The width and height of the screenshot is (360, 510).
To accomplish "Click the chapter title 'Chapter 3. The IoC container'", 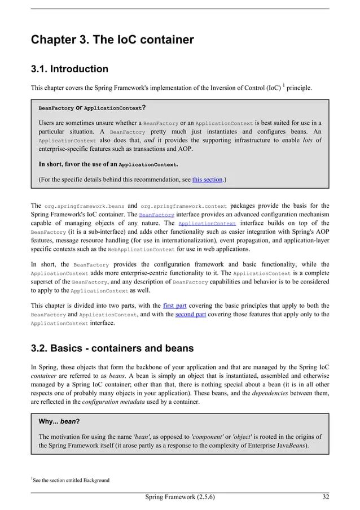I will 112,40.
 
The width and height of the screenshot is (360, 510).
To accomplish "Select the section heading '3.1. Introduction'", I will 69,69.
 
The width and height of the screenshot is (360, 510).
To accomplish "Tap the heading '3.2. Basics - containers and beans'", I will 112,348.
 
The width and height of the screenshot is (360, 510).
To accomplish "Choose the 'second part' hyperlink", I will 190,314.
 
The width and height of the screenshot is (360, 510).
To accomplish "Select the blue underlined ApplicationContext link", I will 207,224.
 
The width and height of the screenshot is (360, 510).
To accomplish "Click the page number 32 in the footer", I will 325,498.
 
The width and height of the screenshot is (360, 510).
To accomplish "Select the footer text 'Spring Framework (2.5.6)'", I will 179,498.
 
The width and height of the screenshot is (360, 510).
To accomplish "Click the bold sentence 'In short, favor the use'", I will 108,164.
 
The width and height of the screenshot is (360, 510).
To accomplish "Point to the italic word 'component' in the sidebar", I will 210,437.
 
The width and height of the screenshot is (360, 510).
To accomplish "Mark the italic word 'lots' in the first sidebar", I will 307,141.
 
